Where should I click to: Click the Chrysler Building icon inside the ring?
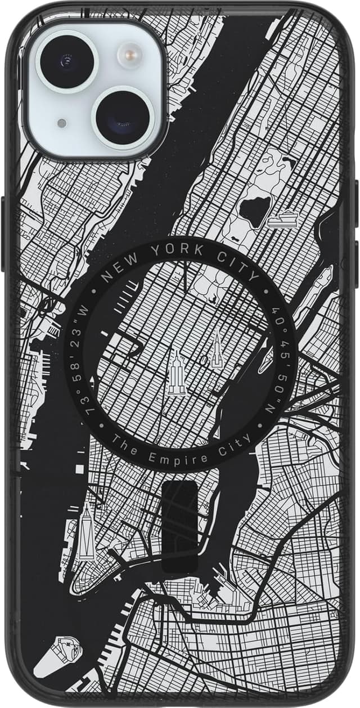pos(217,348)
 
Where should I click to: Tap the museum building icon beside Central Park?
pos(282,218)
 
